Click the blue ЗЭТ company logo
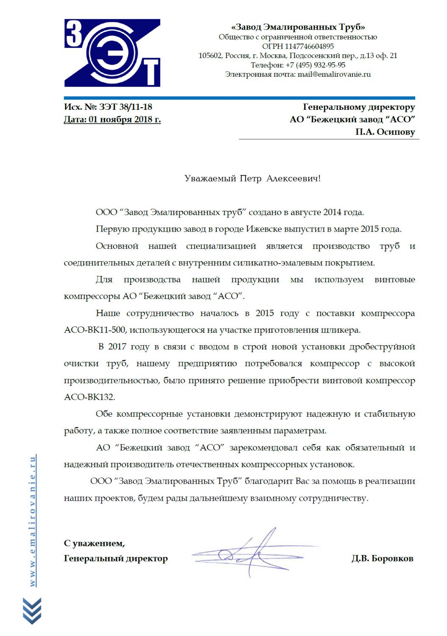pos(112,53)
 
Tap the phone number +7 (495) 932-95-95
pos(315,65)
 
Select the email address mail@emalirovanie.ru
pos(334,74)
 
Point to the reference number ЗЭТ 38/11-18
pos(125,107)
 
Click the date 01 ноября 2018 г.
pos(125,120)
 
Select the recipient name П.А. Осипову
pos(385,132)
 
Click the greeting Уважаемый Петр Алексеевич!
pos(253,179)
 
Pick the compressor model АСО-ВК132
pos(89,397)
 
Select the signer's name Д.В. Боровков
pos(382,558)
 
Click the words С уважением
pos(94,543)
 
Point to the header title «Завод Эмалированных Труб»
pos(298,27)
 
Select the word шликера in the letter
pos(345,330)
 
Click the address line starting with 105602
pos(298,56)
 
